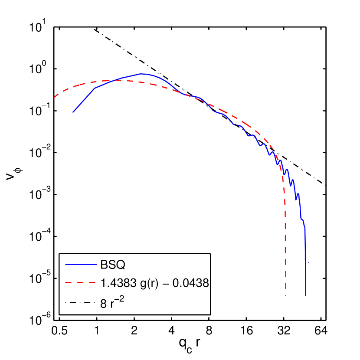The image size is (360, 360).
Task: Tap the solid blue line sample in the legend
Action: pyautogui.click(x=80, y=264)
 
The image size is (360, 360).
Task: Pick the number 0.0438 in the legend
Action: pyautogui.click(x=195, y=283)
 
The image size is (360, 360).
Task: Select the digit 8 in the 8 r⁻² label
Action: pyautogui.click(x=103, y=303)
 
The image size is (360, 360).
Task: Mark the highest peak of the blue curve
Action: pyautogui.click(x=141, y=74)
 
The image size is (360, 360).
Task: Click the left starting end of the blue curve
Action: pyautogui.click(x=73, y=112)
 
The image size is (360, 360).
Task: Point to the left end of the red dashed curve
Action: pyautogui.click(x=54, y=98)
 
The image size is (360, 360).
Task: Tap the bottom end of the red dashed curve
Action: pyautogui.click(x=285, y=295)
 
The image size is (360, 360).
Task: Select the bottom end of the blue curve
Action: pyautogui.click(x=306, y=296)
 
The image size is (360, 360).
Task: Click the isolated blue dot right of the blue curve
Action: pyautogui.click(x=308, y=263)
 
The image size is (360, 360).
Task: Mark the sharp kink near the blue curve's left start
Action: pyautogui.click(x=95, y=88)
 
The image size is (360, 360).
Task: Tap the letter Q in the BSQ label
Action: pyautogui.click(x=121, y=264)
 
